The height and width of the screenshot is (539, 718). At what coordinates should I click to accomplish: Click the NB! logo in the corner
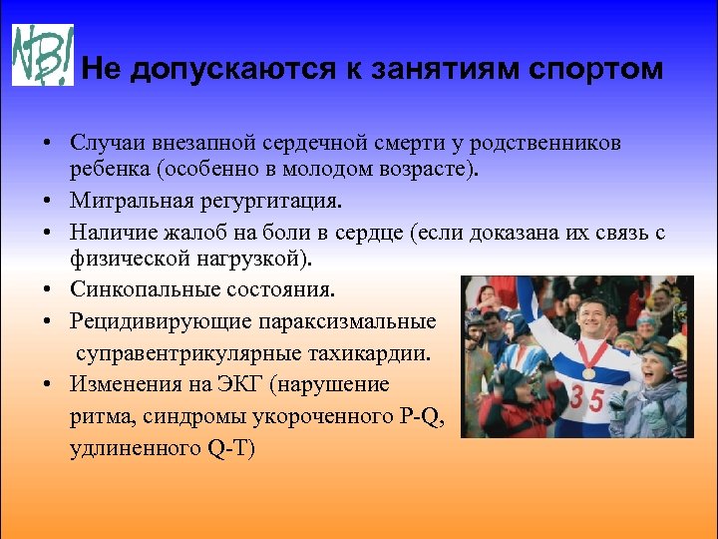pos(42,54)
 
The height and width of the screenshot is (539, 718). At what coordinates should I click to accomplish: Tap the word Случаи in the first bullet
pos(104,143)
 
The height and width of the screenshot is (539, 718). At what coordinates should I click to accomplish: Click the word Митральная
pos(124,202)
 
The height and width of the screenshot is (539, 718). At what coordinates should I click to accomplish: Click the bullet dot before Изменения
pos(48,384)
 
